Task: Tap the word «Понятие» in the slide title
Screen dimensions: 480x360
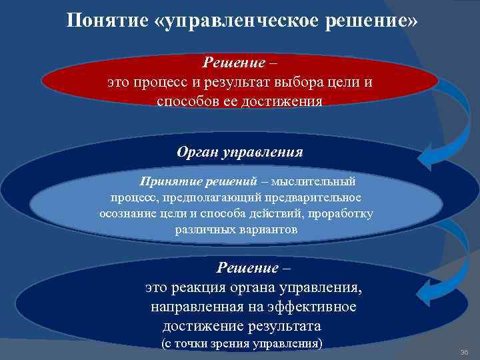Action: coord(106,21)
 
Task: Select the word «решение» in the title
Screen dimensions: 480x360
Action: coord(373,21)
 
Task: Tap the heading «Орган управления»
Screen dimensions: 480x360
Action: coord(240,152)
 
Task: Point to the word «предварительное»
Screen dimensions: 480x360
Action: coord(309,197)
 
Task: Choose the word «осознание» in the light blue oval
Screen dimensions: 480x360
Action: coord(129,213)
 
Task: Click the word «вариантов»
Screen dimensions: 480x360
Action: coord(271,229)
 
